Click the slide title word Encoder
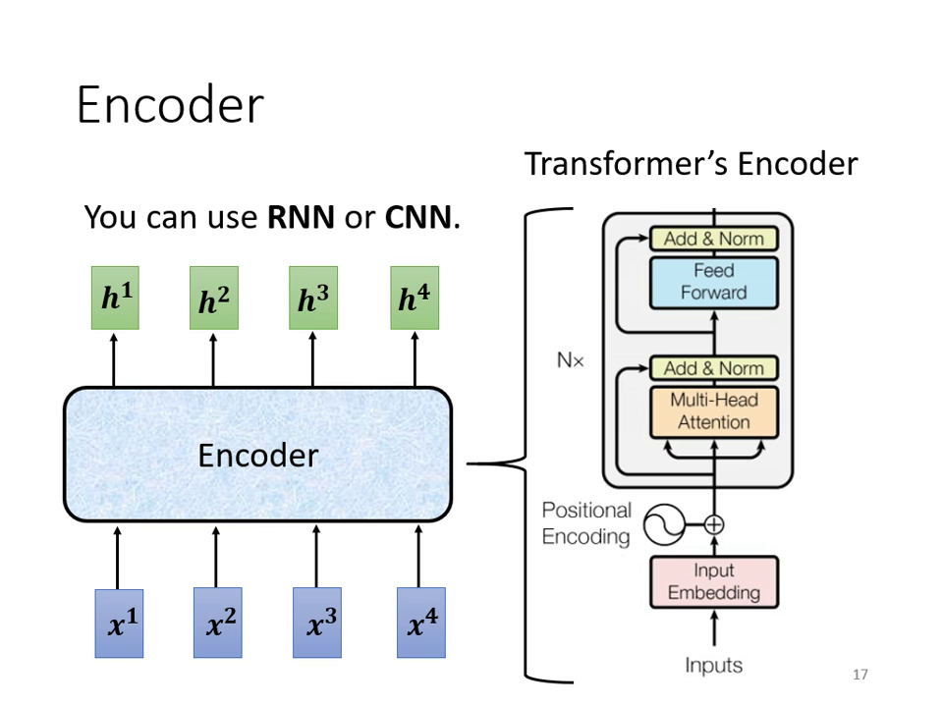click(x=170, y=105)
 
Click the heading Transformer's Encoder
click(x=691, y=163)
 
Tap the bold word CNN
click(x=417, y=217)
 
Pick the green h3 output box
click(x=312, y=299)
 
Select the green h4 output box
click(x=414, y=299)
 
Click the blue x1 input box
click(x=119, y=623)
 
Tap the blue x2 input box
click(x=217, y=623)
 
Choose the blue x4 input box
click(x=420, y=623)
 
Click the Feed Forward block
click(x=713, y=282)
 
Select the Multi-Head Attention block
click(x=713, y=411)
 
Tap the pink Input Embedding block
click(x=713, y=581)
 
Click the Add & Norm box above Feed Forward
click(x=713, y=239)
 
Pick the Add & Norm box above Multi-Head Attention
click(x=713, y=369)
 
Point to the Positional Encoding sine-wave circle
click(x=663, y=525)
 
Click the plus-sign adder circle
click(x=714, y=525)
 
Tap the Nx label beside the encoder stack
click(x=570, y=361)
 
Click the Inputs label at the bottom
click(x=713, y=665)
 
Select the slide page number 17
click(x=860, y=675)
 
